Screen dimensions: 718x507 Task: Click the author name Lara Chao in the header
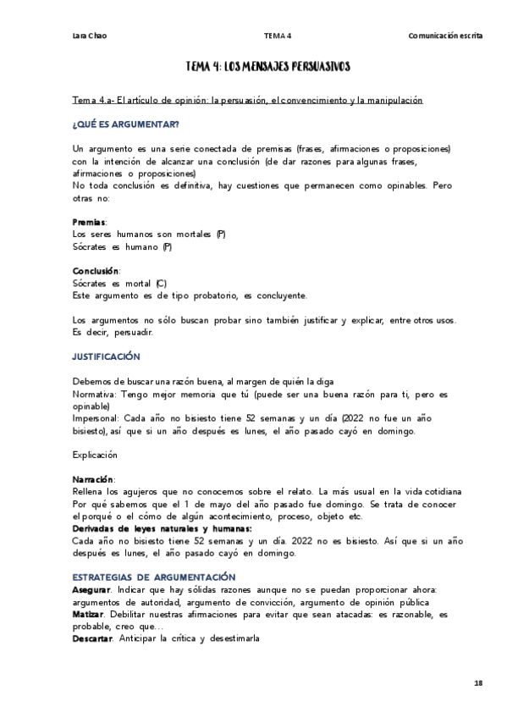(89, 36)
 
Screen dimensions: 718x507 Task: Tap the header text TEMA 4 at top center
(278, 36)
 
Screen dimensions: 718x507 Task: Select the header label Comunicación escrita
(445, 36)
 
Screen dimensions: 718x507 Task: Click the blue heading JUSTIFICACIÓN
(107, 357)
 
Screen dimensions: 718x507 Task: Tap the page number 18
(478, 682)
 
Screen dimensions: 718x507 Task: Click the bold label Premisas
(90, 221)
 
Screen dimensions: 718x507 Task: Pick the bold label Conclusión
(96, 271)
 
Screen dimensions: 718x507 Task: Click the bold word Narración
(94, 479)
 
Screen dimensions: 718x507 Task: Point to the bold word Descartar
(93, 638)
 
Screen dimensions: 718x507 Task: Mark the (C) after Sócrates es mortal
(162, 283)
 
